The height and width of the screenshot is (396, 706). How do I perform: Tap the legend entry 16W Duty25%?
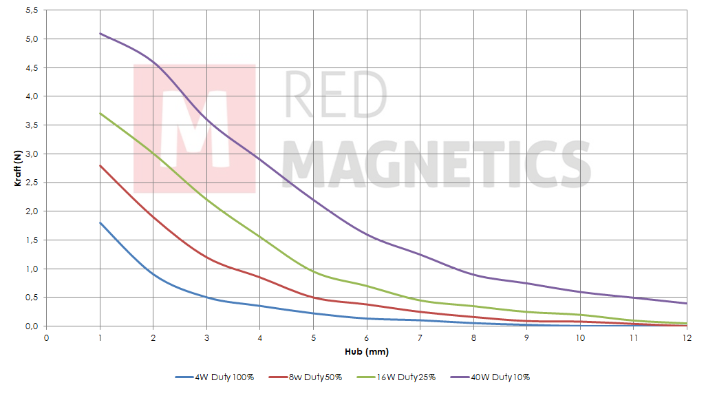[407, 377]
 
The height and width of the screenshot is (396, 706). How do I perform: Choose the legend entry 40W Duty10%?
[500, 377]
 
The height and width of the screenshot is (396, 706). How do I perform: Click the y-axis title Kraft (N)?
[19, 169]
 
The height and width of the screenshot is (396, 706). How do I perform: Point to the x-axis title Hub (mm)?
[367, 351]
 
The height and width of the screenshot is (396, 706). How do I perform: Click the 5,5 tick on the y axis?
[31, 10]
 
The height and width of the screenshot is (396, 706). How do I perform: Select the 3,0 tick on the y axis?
[31, 154]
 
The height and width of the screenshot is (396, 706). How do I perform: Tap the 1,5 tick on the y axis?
[31, 240]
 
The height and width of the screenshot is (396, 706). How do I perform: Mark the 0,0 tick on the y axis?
[31, 326]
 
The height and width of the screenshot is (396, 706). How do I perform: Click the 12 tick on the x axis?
[686, 338]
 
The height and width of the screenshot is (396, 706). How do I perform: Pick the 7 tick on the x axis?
[420, 338]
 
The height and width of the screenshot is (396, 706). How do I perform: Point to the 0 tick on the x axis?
[47, 338]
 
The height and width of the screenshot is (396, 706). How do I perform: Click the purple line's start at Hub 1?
[100, 33]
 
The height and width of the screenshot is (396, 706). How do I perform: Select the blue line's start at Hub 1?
[100, 222]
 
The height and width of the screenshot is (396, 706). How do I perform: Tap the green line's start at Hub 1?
[100, 113]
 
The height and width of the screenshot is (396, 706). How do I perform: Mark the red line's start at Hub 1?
[100, 165]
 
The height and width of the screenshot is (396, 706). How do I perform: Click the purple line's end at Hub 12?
[687, 303]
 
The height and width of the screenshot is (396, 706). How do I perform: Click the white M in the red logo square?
[195, 129]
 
